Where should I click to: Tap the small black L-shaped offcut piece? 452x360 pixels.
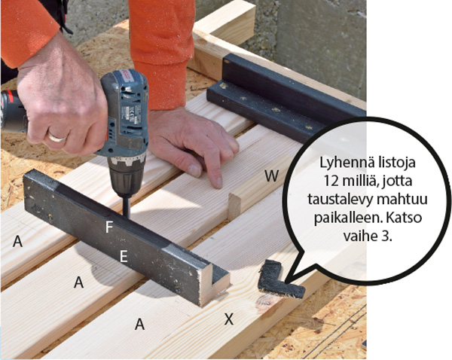[x=279, y=279]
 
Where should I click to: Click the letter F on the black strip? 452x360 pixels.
[x=108, y=227]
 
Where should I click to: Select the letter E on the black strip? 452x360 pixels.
[x=124, y=256]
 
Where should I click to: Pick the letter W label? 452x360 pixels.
[x=271, y=175]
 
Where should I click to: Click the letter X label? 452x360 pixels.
[x=229, y=319]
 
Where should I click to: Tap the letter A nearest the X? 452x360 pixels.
[x=139, y=325]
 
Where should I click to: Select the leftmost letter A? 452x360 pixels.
[x=17, y=241]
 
